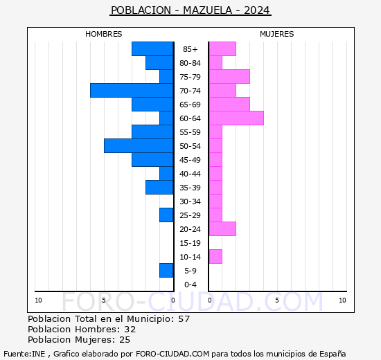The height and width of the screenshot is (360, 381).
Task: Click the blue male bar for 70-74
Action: coord(132,90)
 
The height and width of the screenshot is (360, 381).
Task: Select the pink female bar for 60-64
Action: coord(236,118)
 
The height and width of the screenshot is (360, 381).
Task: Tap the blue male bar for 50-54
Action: coord(139,145)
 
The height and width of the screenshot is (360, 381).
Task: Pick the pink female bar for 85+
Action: coord(222,48)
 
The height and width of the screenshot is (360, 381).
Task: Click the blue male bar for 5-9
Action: coord(166,270)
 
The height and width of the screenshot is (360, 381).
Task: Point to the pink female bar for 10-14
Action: coord(215,256)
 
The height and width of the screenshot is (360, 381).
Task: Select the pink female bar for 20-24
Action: coord(222,228)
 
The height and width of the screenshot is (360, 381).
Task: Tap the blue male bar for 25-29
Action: coord(166,215)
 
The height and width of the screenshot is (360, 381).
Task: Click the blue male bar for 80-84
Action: coord(159,62)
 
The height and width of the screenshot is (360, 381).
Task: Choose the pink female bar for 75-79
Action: coord(229,76)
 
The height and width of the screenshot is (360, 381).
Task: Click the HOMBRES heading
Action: coord(103,34)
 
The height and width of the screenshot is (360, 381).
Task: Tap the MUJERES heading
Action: coord(276,34)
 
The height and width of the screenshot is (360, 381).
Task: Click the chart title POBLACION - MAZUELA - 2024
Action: coord(190,10)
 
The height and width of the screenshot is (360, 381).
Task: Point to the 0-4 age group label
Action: coord(190,285)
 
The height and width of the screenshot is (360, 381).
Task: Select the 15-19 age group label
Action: coord(190,243)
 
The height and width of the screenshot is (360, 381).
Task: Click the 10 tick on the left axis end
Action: coord(39,300)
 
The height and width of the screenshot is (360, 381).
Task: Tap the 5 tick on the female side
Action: coord(276,300)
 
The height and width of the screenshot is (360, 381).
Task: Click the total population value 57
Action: coord(184,318)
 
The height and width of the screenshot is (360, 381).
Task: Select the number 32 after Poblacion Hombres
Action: coord(130,329)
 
